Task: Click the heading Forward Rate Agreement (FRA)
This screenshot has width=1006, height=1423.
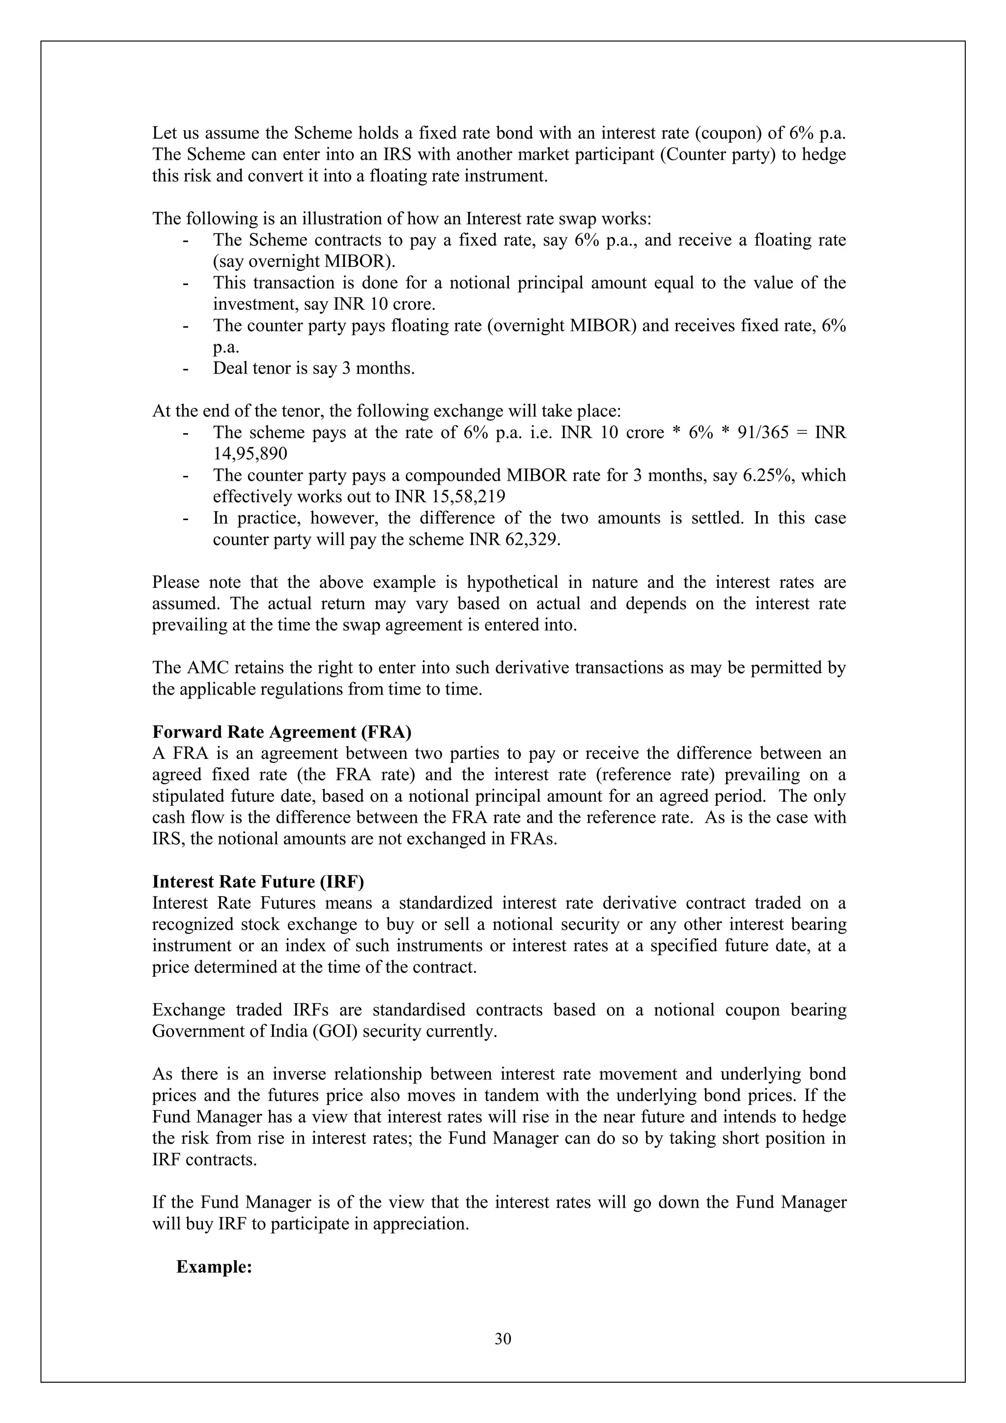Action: coord(282,732)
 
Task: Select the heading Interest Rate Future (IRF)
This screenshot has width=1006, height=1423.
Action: coord(258,881)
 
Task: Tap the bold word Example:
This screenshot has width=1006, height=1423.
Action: coord(214,1267)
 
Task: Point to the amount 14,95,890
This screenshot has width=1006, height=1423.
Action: coord(250,454)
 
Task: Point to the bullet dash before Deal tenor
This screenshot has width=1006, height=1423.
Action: coord(185,369)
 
